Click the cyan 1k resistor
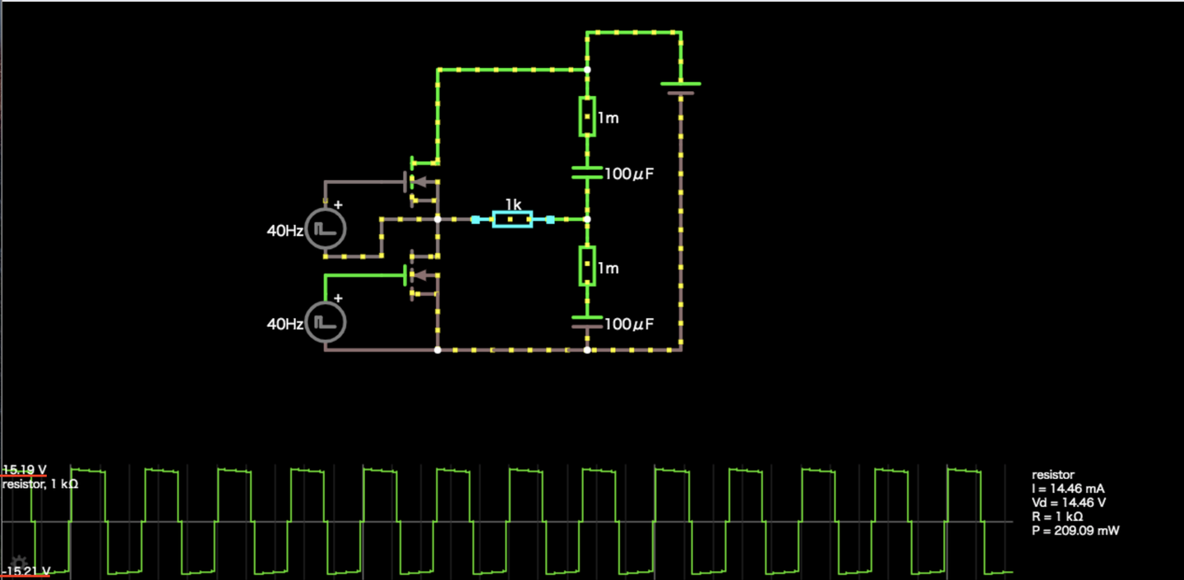(512, 219)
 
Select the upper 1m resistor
(586, 117)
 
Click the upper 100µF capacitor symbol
(586, 173)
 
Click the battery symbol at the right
(681, 88)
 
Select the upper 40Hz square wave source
(326, 230)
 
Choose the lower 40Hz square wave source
(326, 323)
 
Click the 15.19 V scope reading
(24, 470)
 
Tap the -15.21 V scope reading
(25, 571)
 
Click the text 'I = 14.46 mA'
(1068, 489)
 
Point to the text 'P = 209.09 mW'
(1075, 531)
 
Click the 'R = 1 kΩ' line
(1057, 517)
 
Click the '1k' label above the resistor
(513, 204)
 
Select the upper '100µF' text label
(629, 173)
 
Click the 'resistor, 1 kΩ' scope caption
(40, 485)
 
